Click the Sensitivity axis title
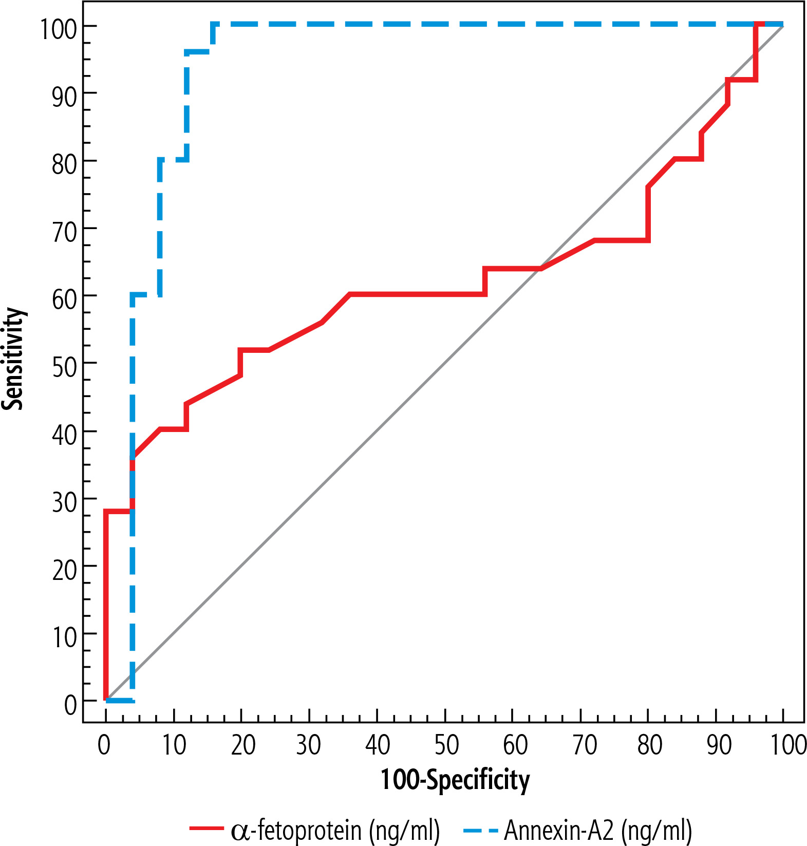pyautogui.click(x=13, y=359)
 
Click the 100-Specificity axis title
pyautogui.click(x=455, y=780)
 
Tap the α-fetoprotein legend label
pyautogui.click(x=335, y=829)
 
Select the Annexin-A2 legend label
pyautogui.click(x=598, y=829)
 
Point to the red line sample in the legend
pyautogui.click(x=207, y=828)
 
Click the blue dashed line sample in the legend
pyautogui.click(x=480, y=829)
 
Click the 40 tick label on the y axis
pyautogui.click(x=65, y=434)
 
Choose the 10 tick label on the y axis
pyautogui.click(x=65, y=637)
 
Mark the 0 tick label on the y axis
pyautogui.click(x=71, y=704)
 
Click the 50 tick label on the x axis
pyautogui.click(x=446, y=745)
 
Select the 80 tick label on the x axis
pyautogui.click(x=649, y=745)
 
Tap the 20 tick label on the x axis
pyautogui.click(x=243, y=745)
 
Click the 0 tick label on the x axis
pyautogui.click(x=104, y=745)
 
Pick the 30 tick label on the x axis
pyautogui.click(x=309, y=745)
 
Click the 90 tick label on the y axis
pyautogui.click(x=65, y=96)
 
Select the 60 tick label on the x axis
pyautogui.click(x=515, y=745)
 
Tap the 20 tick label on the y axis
pyautogui.click(x=65, y=569)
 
